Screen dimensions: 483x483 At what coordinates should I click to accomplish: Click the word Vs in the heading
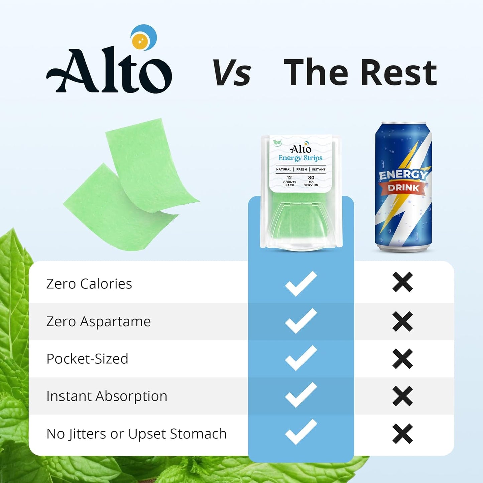click(x=232, y=72)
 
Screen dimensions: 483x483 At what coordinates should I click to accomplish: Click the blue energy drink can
click(x=403, y=187)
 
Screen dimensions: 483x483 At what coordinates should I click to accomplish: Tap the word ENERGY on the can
click(x=402, y=175)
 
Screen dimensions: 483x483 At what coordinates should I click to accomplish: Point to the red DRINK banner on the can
click(x=403, y=188)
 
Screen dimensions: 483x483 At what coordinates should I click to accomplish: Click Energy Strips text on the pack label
click(x=300, y=158)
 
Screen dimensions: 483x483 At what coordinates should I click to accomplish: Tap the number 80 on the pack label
click(x=311, y=177)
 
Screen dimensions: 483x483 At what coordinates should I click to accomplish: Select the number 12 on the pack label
click(x=289, y=177)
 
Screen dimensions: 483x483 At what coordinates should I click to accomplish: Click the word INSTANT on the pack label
click(x=318, y=169)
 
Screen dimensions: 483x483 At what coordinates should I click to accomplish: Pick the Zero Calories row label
click(x=89, y=284)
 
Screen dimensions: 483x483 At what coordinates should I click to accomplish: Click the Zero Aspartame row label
click(x=99, y=322)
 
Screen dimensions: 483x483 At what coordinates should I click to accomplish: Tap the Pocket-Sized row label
click(x=87, y=359)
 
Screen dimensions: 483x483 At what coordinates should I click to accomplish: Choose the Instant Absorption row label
click(x=107, y=396)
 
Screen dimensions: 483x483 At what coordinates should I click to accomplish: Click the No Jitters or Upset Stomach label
click(x=136, y=434)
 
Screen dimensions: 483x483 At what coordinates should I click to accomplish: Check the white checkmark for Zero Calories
click(x=301, y=284)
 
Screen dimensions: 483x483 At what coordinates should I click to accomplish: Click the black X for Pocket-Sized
click(x=402, y=359)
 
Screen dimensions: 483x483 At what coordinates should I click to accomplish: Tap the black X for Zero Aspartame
click(x=402, y=321)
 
